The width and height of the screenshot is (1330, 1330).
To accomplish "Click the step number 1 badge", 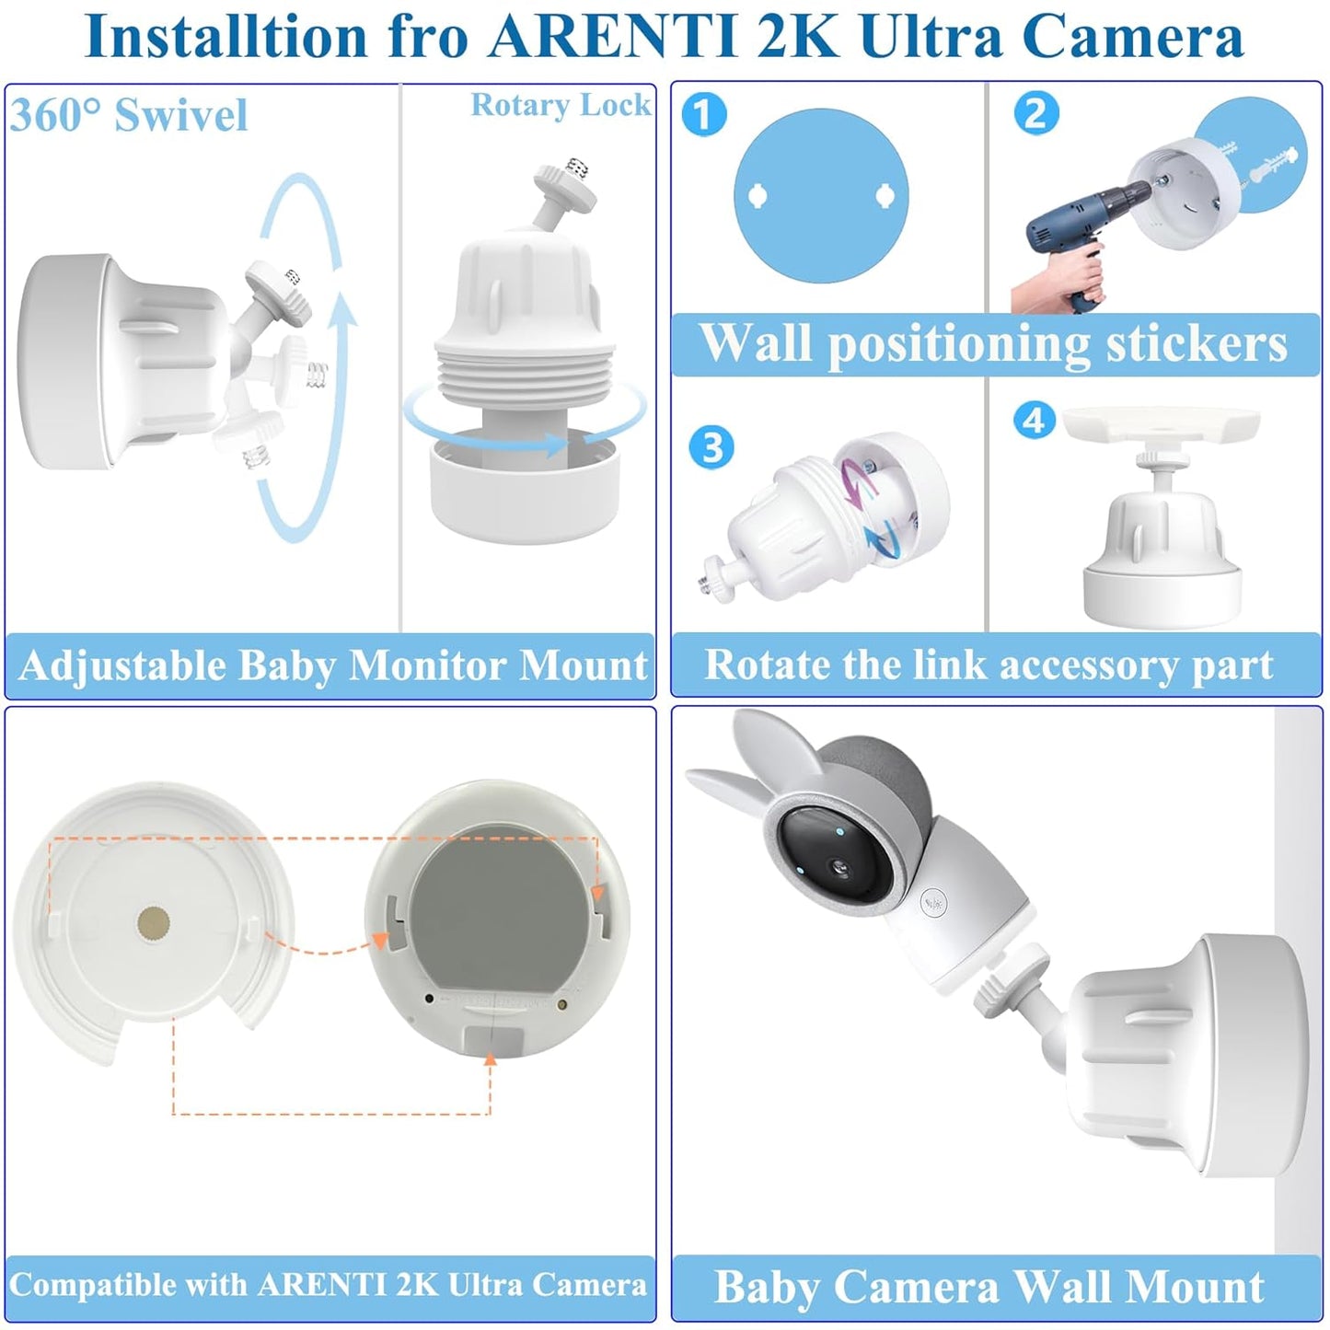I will (704, 115).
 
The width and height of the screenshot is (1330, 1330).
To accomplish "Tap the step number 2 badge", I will (1036, 114).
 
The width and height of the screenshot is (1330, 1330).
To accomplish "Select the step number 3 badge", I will (711, 448).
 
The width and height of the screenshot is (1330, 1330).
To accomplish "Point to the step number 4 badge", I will (1035, 421).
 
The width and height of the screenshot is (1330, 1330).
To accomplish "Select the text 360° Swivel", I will (129, 116).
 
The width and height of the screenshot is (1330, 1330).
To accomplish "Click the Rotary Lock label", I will (561, 106).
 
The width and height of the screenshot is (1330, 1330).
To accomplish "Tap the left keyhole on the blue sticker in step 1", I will (758, 195).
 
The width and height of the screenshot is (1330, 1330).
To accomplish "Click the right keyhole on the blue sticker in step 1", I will (884, 194).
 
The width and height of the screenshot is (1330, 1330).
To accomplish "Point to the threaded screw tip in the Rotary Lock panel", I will (577, 168).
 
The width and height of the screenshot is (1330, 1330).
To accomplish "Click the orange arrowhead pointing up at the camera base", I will (491, 1060).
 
